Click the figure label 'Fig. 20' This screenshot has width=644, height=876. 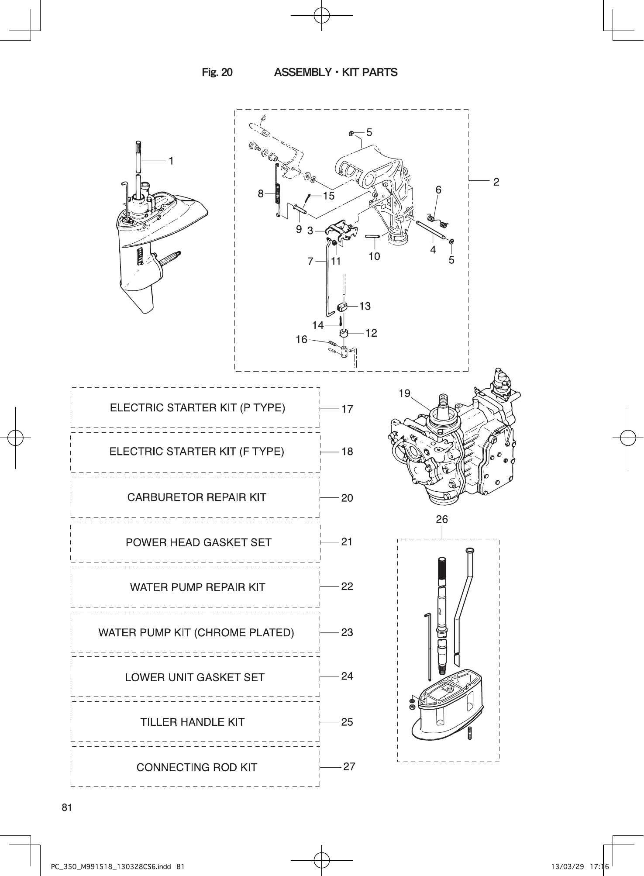point(217,72)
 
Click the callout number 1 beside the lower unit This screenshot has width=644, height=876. point(172,161)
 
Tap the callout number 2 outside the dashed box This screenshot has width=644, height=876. point(496,182)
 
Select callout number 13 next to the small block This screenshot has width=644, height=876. point(365,306)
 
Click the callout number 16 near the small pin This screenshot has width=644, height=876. point(301,339)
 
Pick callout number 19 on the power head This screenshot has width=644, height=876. point(404,393)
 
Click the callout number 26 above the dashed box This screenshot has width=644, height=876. point(442,519)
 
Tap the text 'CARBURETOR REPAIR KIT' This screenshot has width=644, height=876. point(196,497)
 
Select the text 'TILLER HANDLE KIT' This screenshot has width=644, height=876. point(193,722)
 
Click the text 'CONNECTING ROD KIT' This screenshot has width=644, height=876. point(196,767)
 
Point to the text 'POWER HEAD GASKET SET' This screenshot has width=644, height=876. point(198,542)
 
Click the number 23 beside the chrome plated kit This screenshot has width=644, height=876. point(347,632)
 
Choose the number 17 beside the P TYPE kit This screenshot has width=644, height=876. point(347,409)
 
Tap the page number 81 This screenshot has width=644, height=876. point(67,807)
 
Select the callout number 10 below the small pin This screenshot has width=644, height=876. point(374,256)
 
